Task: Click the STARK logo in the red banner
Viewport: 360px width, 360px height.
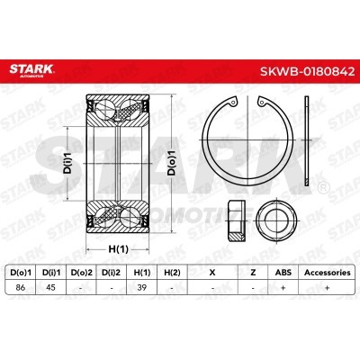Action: tap(31, 70)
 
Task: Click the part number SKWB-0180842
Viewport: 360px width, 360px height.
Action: tap(307, 71)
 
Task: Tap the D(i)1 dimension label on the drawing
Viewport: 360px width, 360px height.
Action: tap(68, 162)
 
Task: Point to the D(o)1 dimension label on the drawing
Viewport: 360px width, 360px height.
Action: tap(172, 163)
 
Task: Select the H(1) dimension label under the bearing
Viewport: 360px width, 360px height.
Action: tap(118, 249)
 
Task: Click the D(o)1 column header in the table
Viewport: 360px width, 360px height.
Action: tap(21, 273)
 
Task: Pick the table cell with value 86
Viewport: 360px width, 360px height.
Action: tap(20, 287)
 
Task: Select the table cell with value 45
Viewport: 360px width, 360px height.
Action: tap(50, 287)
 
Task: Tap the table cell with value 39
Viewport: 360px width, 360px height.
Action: tap(141, 287)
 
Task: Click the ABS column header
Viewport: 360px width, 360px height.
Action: tap(283, 273)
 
